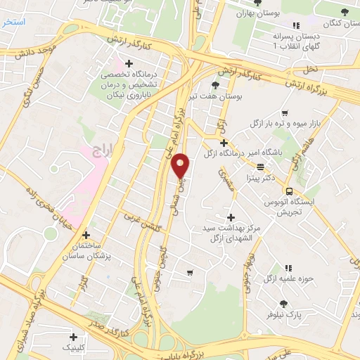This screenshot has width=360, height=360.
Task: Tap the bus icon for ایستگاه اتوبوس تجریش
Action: point(288,191)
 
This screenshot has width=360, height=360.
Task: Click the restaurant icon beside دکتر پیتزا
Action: point(261,167)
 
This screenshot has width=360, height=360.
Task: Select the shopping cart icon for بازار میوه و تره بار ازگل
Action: point(284,113)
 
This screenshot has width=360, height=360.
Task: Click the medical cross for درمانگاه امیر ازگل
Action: point(223,143)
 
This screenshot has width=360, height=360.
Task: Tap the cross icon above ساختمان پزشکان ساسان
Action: point(86,236)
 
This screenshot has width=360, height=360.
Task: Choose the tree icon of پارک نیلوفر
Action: point(283,304)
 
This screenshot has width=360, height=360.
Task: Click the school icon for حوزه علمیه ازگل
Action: point(288,268)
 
